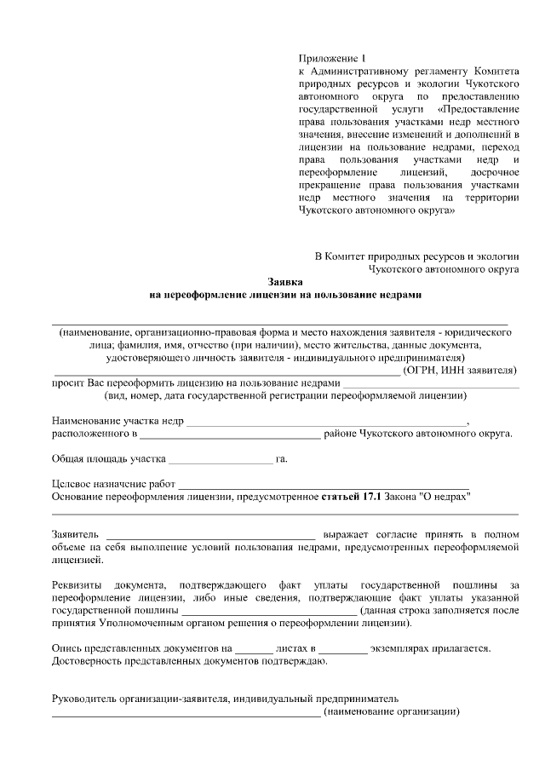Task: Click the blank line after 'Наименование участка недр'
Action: coord(326,421)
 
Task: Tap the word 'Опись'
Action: coord(66,647)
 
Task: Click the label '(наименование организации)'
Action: coord(393,711)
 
